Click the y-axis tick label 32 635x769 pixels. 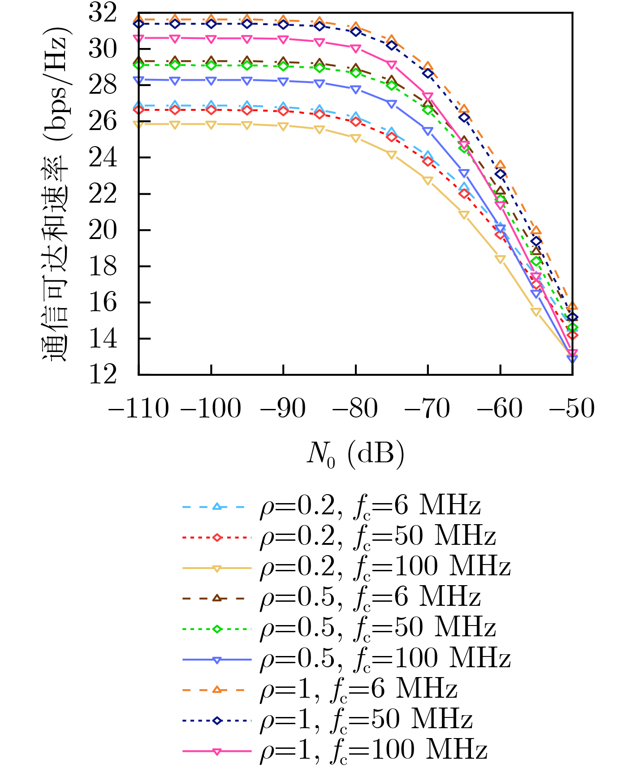(103, 13)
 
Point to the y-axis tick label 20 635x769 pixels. (103, 230)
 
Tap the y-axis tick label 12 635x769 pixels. (103, 375)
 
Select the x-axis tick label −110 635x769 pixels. (138, 408)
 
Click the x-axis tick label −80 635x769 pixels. (356, 408)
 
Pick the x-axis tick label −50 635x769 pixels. (573, 408)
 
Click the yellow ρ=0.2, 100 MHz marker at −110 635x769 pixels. (138, 124)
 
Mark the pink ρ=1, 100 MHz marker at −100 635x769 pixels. (211, 39)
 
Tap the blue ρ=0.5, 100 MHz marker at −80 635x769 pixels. (356, 90)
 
